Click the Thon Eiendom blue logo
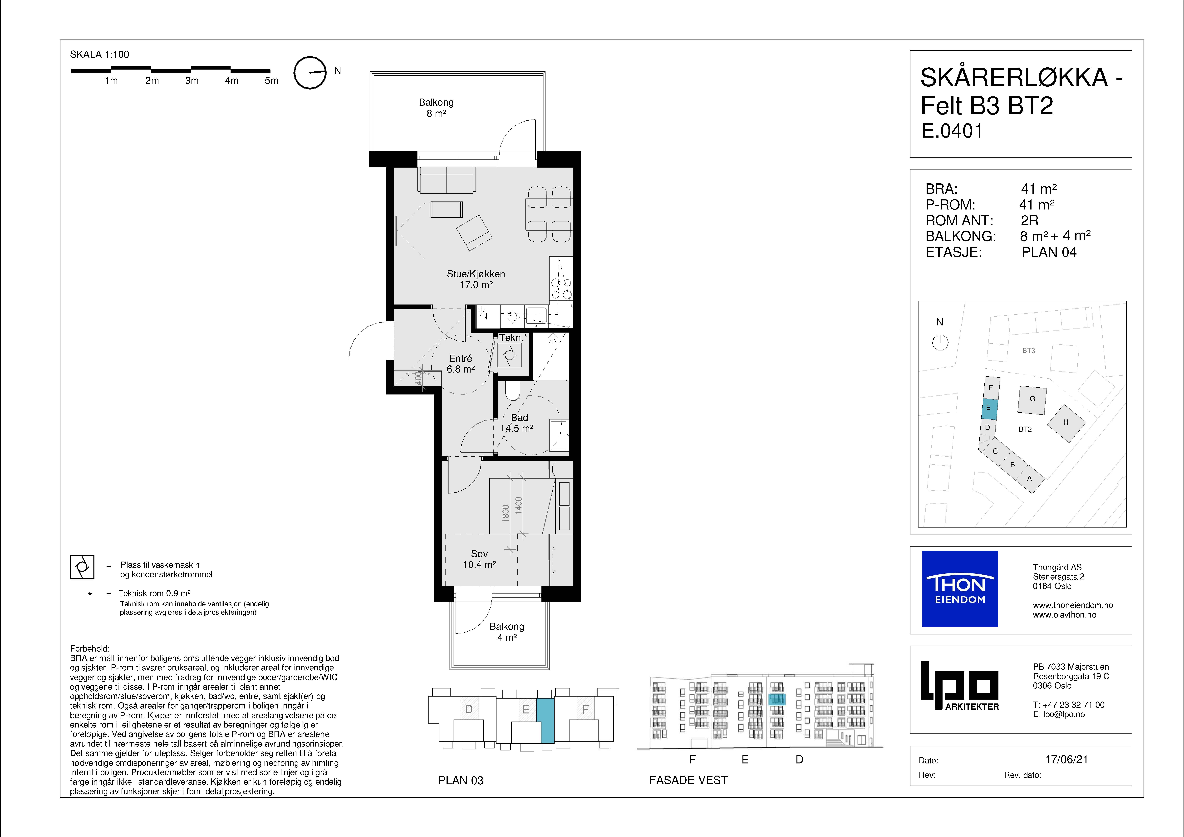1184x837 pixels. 960,589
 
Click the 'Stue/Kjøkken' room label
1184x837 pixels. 476,274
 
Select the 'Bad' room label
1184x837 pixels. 519,418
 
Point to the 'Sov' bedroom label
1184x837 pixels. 479,554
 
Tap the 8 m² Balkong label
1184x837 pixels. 436,108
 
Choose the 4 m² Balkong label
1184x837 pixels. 507,632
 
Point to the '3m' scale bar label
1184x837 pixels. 192,80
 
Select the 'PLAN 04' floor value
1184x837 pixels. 1049,252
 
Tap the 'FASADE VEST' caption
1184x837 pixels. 688,780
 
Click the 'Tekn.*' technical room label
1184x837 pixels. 513,338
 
